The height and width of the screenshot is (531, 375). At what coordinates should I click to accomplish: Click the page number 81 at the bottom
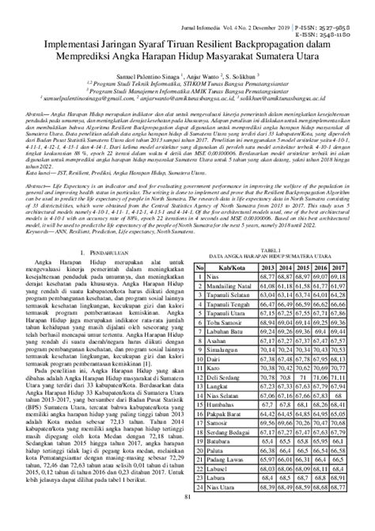tap(187, 519)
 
